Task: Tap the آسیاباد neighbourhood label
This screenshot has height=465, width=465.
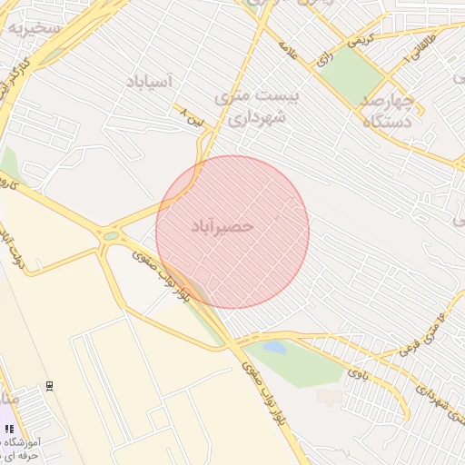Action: click(x=144, y=83)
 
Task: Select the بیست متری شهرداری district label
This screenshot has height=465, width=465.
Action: click(x=262, y=106)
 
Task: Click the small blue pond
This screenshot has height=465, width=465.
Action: click(x=273, y=348)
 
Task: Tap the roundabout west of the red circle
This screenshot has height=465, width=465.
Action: click(x=111, y=236)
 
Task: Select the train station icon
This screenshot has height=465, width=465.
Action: click(x=50, y=385)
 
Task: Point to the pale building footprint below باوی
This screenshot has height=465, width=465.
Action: click(x=330, y=397)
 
